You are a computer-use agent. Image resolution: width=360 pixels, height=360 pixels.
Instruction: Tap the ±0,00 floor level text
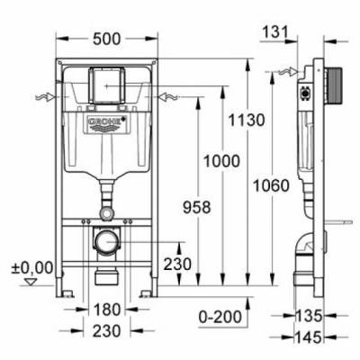[x=32, y=266]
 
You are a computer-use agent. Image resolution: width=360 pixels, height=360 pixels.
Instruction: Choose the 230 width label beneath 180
[x=105, y=330]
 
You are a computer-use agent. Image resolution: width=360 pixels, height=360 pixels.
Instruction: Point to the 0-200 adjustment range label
[x=220, y=316]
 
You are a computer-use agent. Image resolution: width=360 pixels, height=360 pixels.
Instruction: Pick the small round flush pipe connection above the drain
[x=106, y=214]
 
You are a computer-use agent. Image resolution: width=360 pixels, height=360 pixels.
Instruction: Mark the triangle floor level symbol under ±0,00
[x=33, y=282]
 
